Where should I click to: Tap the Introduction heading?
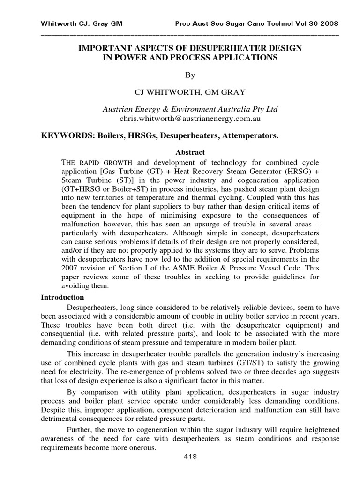click(62, 297)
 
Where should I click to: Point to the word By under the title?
click(190, 75)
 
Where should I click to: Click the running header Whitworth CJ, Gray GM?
click(82, 23)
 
